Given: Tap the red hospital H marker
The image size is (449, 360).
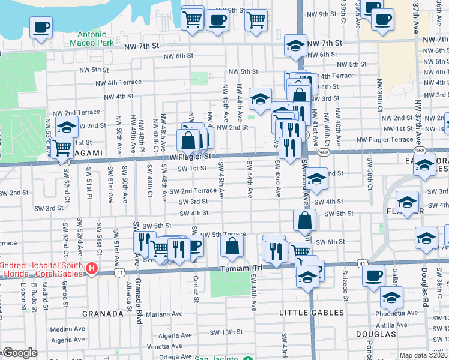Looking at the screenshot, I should [92, 268].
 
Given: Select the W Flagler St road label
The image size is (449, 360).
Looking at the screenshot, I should [190, 157].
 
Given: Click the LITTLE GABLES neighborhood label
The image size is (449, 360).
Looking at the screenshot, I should [312, 313].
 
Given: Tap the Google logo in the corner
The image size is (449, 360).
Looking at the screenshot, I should [20, 353].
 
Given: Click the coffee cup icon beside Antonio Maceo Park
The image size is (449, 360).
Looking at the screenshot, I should [41, 27].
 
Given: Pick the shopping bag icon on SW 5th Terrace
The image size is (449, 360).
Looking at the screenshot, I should [232, 245].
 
